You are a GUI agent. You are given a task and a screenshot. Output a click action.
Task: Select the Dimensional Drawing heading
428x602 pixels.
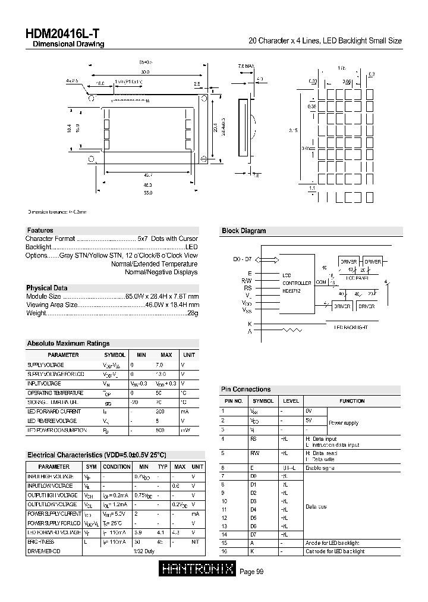coord(68,45)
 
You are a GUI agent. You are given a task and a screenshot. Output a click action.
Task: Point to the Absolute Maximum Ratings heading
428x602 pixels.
coord(68,344)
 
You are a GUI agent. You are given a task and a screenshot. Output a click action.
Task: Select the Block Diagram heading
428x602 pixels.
coord(243,231)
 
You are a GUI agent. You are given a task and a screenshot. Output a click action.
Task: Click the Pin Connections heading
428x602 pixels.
coord(246,390)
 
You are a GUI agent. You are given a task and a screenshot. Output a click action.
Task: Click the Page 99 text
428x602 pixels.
coord(251,572)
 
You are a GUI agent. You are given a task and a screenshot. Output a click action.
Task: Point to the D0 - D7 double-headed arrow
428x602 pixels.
coord(266,259)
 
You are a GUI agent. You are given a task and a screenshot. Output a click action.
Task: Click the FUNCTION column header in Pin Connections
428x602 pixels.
coord(352,401)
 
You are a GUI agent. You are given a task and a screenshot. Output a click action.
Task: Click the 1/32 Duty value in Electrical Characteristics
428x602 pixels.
coord(144,551)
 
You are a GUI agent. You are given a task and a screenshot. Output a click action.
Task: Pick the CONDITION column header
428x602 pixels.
coord(117,467)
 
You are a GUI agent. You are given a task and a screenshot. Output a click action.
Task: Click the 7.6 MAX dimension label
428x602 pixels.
coord(246,66)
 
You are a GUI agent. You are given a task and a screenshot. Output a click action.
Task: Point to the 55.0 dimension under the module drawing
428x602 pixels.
coord(147,193)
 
